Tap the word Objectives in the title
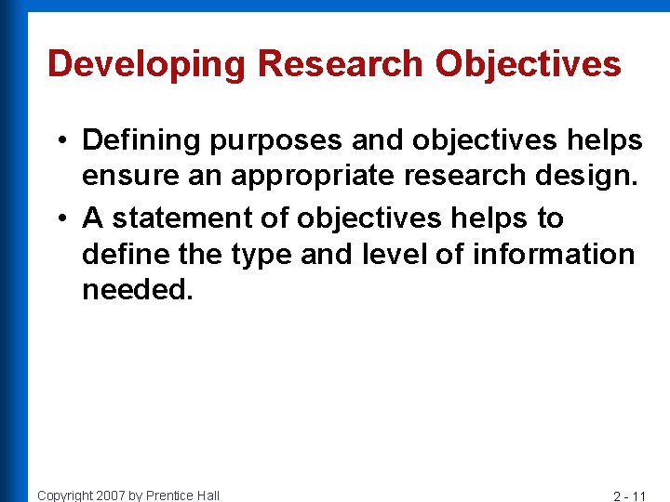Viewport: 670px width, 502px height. [528, 63]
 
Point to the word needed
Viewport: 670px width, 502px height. [138, 290]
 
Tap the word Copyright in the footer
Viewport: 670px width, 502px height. [66, 495]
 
